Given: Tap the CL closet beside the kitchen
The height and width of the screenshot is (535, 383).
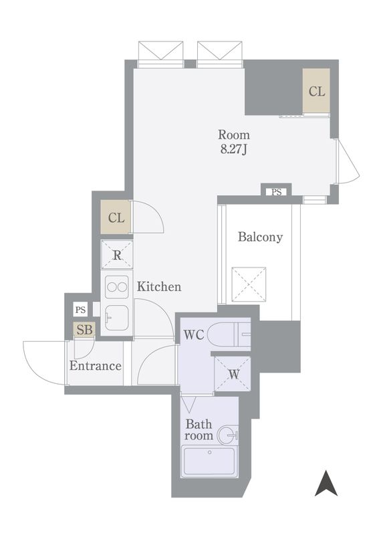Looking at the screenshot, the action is (116, 217).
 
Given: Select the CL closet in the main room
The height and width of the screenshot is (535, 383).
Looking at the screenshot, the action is (317, 91).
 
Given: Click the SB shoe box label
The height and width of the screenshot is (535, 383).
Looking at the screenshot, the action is (84, 330).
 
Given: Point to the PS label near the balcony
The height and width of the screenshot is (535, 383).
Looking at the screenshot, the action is (277, 193).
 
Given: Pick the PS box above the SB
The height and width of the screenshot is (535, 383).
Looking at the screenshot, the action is (80, 310).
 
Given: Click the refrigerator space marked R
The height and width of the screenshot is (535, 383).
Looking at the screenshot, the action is (117, 255).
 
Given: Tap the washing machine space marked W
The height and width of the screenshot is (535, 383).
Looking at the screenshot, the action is (233, 374).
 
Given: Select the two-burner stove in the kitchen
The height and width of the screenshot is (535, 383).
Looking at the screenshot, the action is (117, 287).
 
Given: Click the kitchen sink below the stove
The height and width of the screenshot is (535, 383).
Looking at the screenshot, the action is (117, 318).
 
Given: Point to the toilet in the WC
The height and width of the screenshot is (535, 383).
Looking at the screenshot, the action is (229, 334).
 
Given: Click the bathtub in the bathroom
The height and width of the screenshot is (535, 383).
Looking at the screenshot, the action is (209, 461).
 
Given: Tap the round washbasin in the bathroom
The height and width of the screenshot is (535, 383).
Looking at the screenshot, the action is (227, 435).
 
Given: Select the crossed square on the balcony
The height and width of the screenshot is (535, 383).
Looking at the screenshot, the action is (249, 285).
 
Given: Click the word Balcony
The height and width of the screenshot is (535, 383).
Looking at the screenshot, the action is (260, 237).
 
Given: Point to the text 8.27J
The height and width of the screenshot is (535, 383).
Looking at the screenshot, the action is (234, 149).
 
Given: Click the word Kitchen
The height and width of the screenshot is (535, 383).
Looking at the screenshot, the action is (159, 287).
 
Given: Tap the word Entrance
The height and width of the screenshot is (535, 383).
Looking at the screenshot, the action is (95, 366).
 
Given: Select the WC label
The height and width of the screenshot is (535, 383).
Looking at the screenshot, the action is (194, 335).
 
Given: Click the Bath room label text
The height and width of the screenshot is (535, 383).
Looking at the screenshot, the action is (199, 430).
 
